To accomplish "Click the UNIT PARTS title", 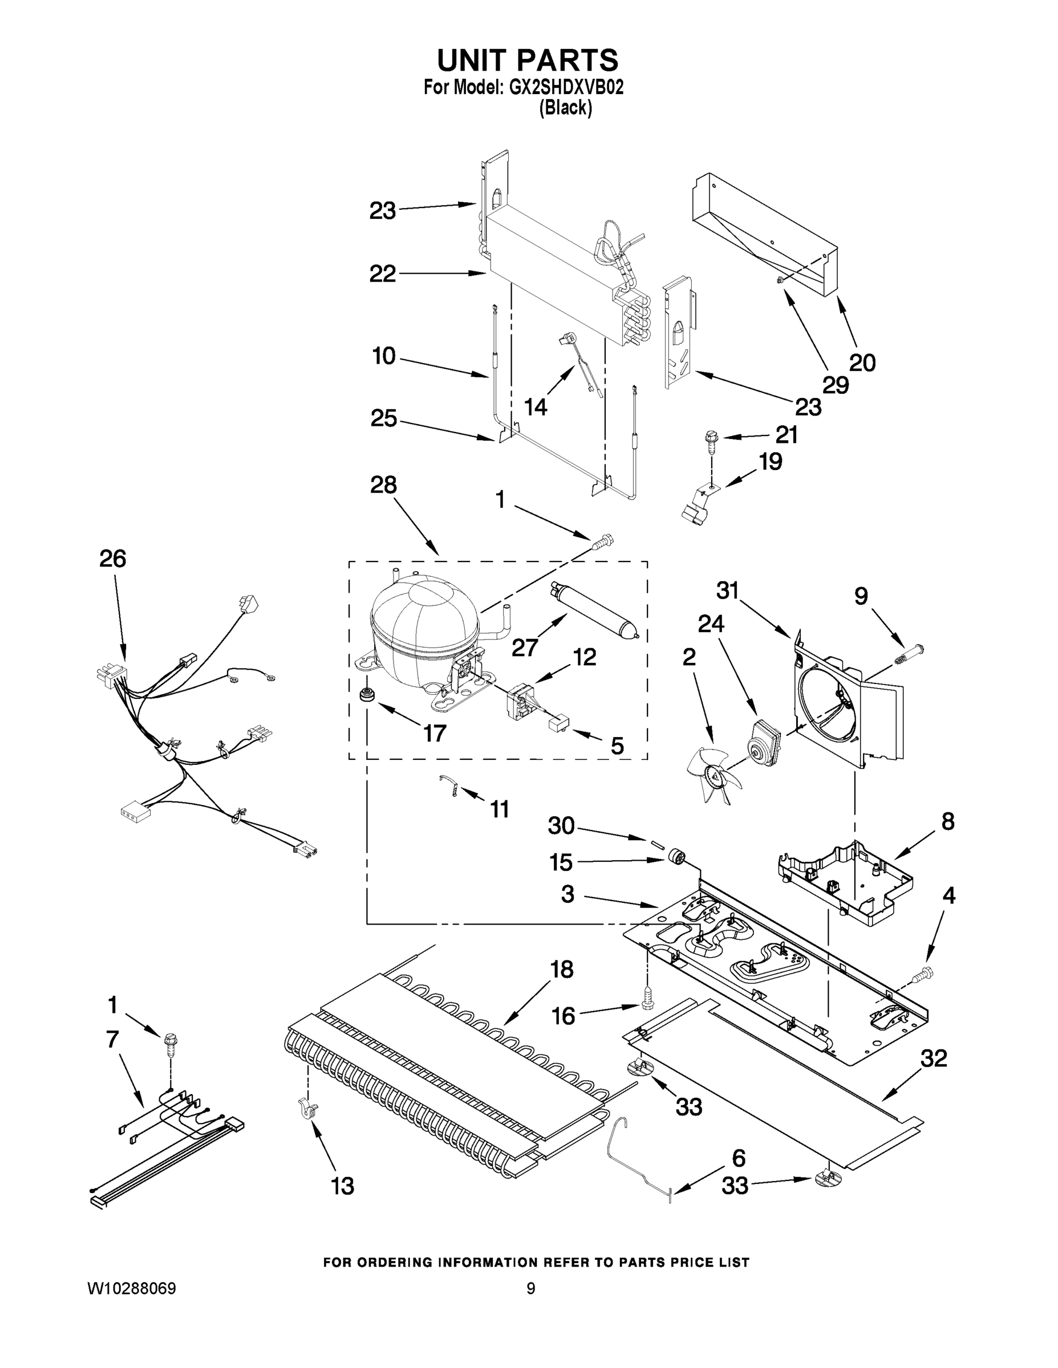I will (x=527, y=61).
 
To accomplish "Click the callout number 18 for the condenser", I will (x=562, y=970).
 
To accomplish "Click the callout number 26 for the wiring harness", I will (x=113, y=558).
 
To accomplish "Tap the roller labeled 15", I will (x=675, y=856).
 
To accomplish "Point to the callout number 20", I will (x=862, y=363).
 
